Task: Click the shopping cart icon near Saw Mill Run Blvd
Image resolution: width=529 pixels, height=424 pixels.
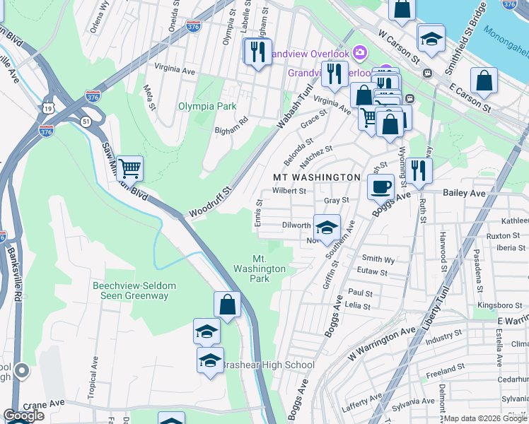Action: (x=130, y=169)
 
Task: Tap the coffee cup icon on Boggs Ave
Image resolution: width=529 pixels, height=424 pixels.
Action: (x=380, y=187)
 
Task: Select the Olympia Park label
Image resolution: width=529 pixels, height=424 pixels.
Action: (x=207, y=106)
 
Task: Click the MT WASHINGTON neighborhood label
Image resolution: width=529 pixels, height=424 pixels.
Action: (x=317, y=177)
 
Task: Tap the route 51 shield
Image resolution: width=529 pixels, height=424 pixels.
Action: (x=86, y=122)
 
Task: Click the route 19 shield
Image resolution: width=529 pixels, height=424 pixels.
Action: (x=47, y=107)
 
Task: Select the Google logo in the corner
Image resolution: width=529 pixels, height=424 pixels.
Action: (x=24, y=416)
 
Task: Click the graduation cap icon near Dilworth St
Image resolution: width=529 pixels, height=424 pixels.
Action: (x=327, y=228)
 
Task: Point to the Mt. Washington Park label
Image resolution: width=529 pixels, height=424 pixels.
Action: (x=260, y=269)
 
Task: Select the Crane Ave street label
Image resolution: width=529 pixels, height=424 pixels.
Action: (x=44, y=403)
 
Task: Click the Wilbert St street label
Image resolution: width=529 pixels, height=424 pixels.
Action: (x=289, y=191)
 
